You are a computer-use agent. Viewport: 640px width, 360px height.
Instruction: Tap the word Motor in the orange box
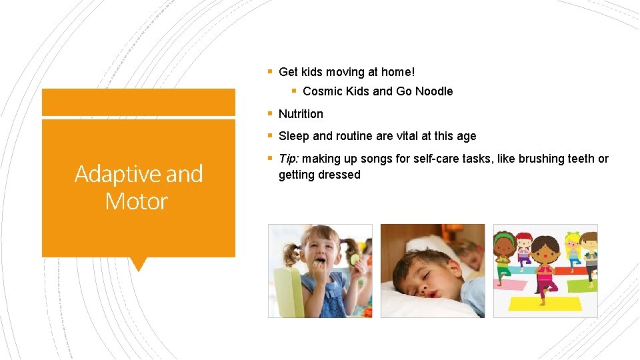tap(137, 201)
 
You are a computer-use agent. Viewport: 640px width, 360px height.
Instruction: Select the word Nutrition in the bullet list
tap(301, 114)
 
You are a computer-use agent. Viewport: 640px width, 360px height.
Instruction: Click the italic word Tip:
tap(289, 159)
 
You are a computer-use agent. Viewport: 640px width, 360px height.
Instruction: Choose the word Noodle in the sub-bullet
tap(433, 91)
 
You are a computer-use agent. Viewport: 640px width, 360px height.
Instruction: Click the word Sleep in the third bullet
tap(294, 136)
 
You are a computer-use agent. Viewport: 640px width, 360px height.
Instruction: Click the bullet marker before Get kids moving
tap(269, 71)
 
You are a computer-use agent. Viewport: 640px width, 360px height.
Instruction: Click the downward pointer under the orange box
tap(138, 264)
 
